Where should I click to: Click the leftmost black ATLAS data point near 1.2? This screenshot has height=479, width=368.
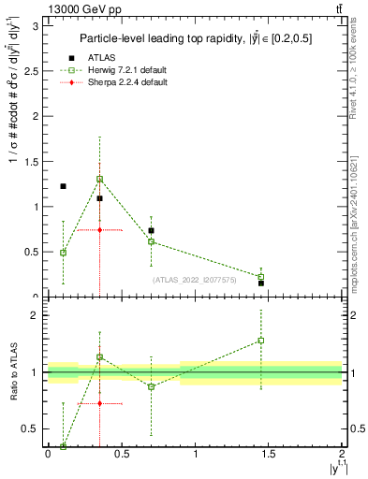[63, 186]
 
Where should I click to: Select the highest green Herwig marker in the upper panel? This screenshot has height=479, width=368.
[99, 179]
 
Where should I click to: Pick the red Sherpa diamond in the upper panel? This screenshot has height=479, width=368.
[99, 229]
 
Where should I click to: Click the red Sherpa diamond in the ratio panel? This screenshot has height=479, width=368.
[99, 403]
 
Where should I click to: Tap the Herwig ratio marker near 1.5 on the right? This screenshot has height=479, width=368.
[261, 341]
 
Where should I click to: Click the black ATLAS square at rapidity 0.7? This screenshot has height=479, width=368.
[151, 230]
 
